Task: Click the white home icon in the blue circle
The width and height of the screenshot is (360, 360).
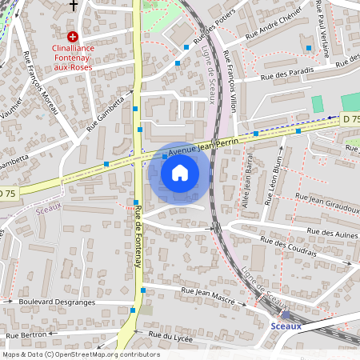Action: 180,173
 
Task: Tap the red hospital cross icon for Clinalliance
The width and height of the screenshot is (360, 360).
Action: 72,36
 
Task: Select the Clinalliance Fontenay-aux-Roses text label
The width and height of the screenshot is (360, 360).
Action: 72,57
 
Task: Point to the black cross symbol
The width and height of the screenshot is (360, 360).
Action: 74,6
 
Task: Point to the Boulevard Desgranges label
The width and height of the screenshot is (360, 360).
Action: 56,302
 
